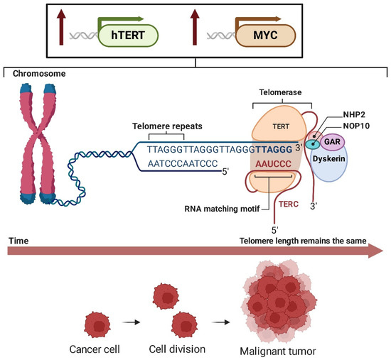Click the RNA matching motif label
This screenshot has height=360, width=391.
(221, 208)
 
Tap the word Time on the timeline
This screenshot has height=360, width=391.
(17, 241)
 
